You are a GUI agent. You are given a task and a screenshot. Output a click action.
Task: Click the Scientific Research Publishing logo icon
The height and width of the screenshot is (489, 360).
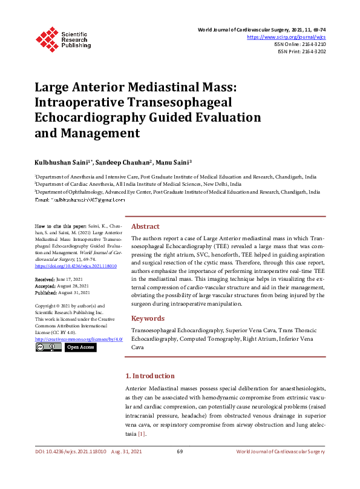[x=46, y=37]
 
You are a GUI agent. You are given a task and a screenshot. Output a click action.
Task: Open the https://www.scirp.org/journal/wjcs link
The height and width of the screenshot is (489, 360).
[x=286, y=37]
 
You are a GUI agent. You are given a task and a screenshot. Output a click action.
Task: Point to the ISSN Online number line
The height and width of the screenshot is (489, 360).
[x=299, y=45]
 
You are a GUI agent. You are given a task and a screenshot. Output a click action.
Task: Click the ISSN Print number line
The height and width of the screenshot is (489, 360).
[x=301, y=52]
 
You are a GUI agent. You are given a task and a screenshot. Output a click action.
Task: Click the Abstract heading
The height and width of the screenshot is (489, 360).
[x=145, y=226]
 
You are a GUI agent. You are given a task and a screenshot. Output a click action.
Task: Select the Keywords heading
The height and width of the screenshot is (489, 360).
[x=148, y=318]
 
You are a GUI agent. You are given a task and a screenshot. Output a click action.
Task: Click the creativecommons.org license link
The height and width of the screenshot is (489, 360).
[x=79, y=339]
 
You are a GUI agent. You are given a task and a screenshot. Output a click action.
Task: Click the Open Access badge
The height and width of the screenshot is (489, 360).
[x=80, y=347]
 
